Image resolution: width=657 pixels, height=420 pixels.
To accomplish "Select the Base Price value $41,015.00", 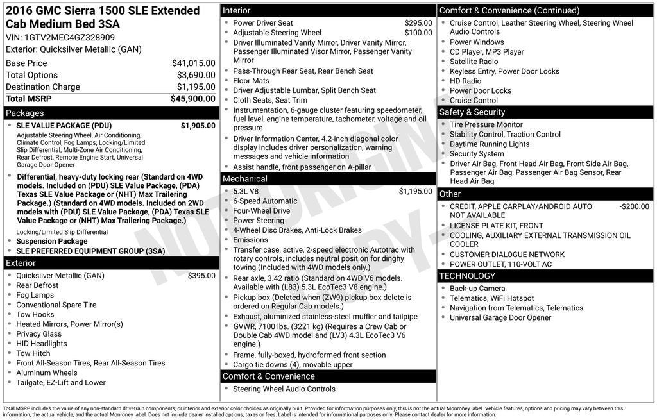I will tap(193, 63).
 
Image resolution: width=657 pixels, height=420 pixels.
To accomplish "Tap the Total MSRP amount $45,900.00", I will tap(192, 99).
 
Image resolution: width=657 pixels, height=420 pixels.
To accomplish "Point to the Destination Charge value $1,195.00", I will tap(196, 87).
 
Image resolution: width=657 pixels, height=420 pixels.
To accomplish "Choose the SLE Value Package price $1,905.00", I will tap(198, 126).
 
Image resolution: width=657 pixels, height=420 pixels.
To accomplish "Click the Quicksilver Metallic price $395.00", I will tap(201, 276).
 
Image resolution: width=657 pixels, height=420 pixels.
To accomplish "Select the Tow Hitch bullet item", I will tap(33, 353).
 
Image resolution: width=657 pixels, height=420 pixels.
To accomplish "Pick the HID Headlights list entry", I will tap(42, 344).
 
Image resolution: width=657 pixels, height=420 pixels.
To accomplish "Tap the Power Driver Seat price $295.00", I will tap(418, 23).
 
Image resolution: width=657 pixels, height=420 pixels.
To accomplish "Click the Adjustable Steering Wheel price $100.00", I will tap(418, 33).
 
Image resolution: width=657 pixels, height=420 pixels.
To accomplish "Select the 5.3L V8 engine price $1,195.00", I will tap(415, 191).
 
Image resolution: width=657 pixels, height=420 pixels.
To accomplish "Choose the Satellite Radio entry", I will tap(474, 62).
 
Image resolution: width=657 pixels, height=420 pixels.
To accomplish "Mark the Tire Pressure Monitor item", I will tap(486, 125).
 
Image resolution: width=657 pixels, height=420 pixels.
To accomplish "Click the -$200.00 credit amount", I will tap(634, 206).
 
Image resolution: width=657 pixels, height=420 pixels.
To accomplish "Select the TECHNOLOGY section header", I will tap(467, 276).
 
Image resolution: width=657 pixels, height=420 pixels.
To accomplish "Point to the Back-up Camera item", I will tap(477, 289).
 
